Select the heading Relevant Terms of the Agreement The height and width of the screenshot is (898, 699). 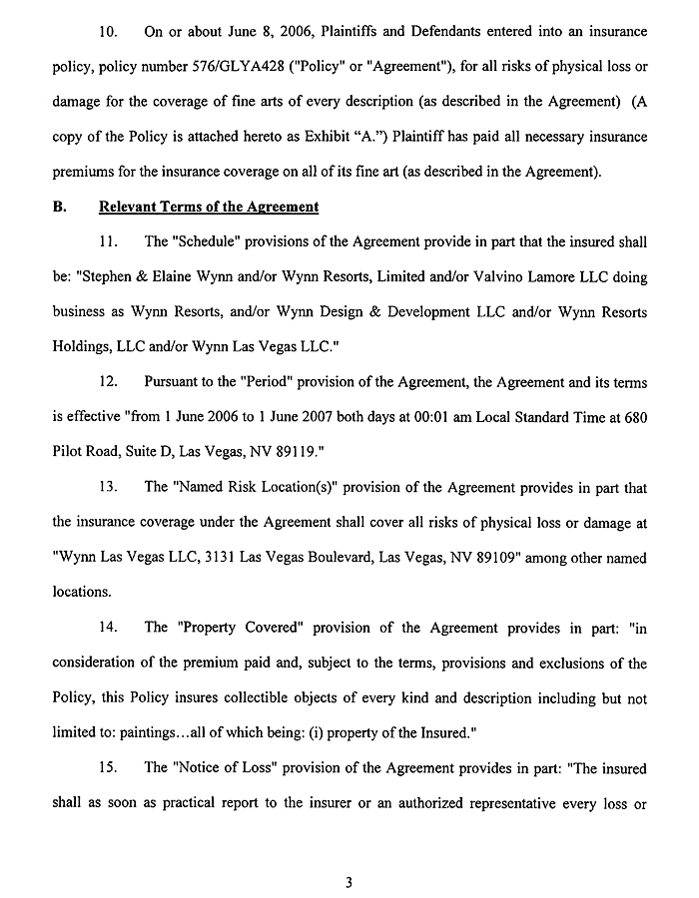pos(209,207)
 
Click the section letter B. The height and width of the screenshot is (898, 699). pos(57,207)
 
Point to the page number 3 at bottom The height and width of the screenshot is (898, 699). pos(349,854)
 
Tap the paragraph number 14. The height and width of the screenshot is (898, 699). pos(114,627)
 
